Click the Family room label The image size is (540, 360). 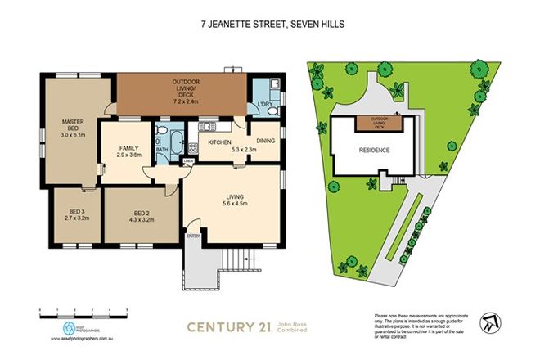pos(130,150)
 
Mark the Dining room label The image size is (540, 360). pos(264,141)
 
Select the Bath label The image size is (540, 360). pos(161,150)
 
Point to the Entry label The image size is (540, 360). pos(193,236)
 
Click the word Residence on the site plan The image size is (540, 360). pos(374,151)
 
